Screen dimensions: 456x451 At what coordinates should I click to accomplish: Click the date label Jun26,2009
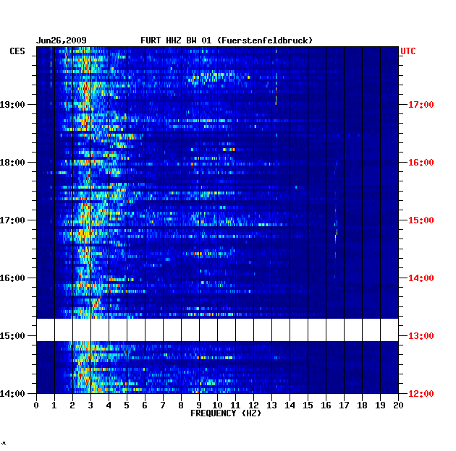[61, 40]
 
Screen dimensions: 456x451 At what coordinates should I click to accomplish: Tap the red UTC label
[408, 51]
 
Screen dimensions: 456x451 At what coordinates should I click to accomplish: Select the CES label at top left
[17, 51]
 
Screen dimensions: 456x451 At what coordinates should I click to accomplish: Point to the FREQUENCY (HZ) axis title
[226, 413]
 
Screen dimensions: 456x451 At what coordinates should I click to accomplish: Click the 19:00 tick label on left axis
[12, 105]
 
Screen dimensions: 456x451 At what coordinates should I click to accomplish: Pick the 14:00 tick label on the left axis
[12, 394]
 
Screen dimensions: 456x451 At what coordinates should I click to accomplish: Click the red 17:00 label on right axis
[421, 105]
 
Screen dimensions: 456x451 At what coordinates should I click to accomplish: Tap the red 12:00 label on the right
[421, 394]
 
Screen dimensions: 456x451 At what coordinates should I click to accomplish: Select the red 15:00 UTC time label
[421, 220]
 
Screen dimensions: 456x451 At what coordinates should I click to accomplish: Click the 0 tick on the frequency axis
[36, 405]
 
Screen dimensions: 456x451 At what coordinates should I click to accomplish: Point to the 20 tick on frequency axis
[398, 405]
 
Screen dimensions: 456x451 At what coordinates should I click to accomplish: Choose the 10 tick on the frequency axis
[217, 405]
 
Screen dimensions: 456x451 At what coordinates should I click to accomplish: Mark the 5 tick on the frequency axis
[127, 405]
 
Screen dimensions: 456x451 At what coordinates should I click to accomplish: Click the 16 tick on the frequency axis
[326, 405]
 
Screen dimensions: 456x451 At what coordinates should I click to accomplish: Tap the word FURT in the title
[151, 40]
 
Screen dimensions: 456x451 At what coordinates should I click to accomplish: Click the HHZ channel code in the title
[173, 40]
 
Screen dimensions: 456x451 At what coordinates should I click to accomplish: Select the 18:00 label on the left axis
[12, 163]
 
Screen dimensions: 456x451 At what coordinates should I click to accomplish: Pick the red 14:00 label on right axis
[421, 278]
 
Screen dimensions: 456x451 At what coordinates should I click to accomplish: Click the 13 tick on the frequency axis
[271, 405]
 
